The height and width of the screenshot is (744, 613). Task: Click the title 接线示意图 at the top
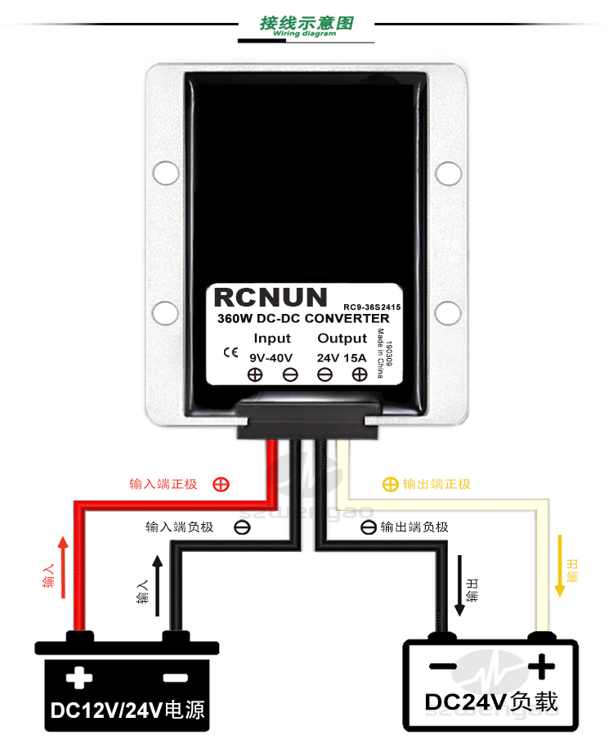pos(306,22)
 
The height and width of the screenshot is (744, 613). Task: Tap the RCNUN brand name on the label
pos(270,298)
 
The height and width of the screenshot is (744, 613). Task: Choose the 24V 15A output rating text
pos(342,356)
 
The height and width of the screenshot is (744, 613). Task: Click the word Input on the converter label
pos(272,338)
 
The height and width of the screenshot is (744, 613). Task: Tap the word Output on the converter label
pos(342,338)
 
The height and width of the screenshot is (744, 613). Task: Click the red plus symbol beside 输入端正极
pos(221,484)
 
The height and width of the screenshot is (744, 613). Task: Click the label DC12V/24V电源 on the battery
pos(128,710)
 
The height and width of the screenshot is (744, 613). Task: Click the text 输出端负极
pos(414,527)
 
